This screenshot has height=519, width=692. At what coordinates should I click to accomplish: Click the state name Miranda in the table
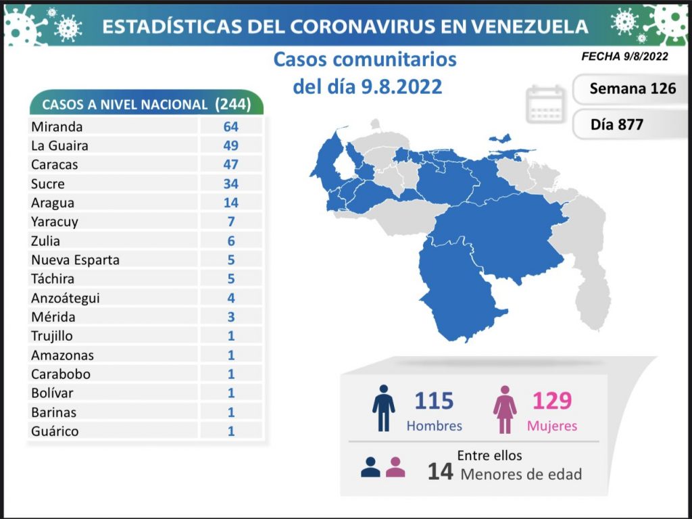57,126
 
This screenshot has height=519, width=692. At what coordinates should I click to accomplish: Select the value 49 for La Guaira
231,145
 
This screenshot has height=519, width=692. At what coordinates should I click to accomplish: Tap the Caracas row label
54,164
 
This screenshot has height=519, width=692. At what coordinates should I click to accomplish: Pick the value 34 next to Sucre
231,183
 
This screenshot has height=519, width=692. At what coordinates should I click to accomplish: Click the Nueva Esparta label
75,259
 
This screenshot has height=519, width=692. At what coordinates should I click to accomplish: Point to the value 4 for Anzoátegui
231,297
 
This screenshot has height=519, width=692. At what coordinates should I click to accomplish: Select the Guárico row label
55,430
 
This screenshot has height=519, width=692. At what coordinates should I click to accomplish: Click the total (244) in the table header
232,104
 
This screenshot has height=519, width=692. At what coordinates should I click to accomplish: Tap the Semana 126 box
632,89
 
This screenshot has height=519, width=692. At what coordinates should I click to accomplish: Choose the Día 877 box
616,124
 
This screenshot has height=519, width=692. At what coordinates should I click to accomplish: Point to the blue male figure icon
383,408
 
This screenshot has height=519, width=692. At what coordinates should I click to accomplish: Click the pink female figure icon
505,408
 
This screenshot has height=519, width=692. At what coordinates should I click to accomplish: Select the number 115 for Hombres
433,401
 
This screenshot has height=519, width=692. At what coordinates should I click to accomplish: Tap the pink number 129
552,401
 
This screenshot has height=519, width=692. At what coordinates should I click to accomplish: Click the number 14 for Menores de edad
439,472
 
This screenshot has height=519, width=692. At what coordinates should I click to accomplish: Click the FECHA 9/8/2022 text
624,57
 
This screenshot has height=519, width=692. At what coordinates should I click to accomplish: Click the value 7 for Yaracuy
231,222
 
